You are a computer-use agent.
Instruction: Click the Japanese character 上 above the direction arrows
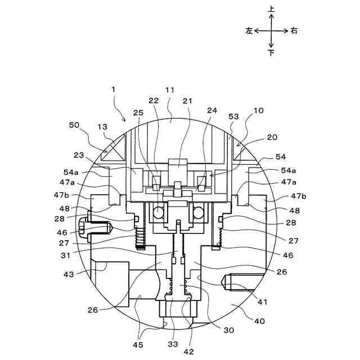[271, 10]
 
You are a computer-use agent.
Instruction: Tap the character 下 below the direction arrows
[271, 52]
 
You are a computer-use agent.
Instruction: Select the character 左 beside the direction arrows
[249, 31]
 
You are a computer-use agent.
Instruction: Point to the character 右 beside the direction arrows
[294, 31]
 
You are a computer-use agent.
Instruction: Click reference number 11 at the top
[169, 89]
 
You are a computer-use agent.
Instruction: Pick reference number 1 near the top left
[113, 89]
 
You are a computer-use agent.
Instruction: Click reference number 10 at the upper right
[258, 111]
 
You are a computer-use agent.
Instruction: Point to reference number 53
[234, 116]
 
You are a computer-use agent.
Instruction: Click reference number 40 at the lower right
[259, 322]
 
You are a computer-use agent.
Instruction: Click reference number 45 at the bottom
[138, 345]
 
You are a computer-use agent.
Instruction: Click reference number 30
[228, 330]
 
